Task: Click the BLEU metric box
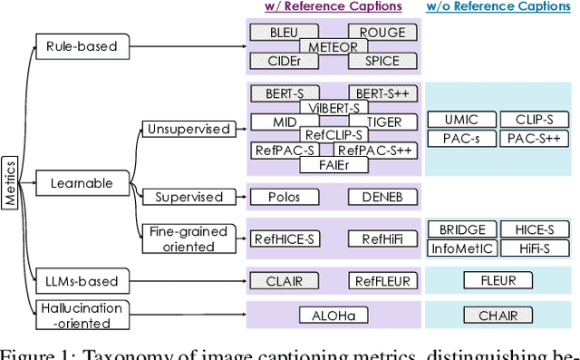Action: pyautogui.click(x=283, y=33)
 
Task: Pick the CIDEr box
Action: pyautogui.click(x=283, y=61)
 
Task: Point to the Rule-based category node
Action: pyautogui.click(x=82, y=45)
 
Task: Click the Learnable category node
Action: pyautogui.click(x=82, y=184)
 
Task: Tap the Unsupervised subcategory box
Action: pyautogui.click(x=188, y=130)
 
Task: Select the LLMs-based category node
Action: pyautogui.click(x=82, y=281)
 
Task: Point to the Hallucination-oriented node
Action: pyautogui.click(x=81, y=316)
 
